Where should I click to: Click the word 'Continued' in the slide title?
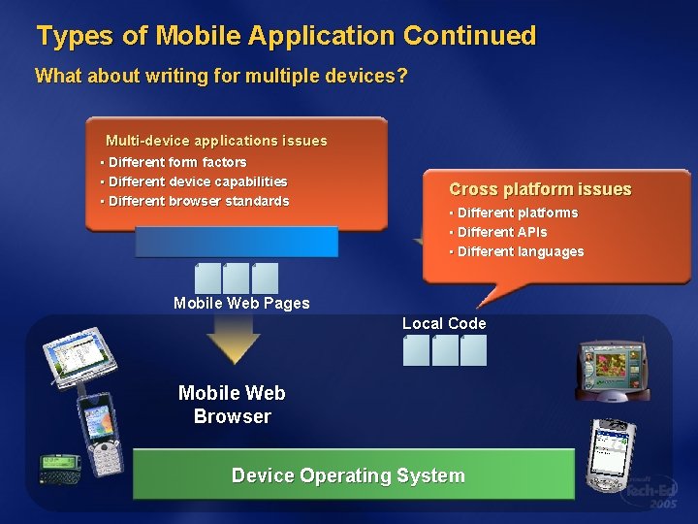469,37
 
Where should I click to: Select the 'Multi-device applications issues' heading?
216,141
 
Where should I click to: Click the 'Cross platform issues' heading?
540,189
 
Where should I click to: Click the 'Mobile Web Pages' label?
241,303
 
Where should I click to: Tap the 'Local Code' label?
444,323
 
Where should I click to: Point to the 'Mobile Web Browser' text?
232,405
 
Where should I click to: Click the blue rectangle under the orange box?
237,242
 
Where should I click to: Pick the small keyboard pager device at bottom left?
59,468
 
